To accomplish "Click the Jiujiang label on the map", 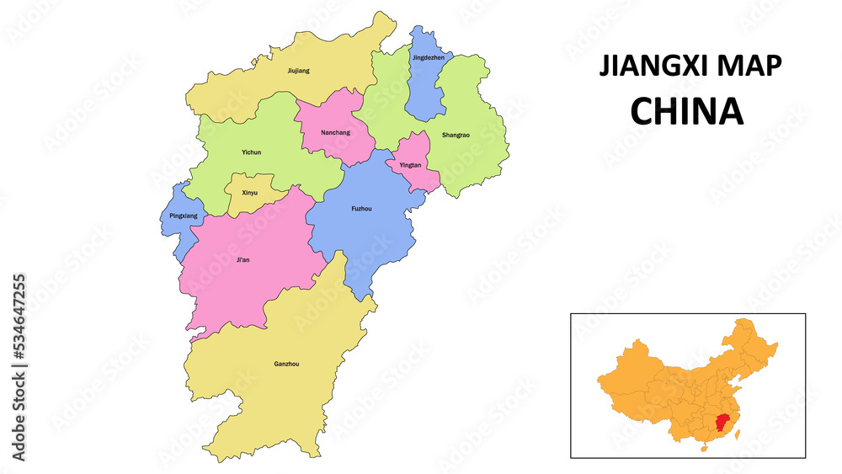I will [298, 71].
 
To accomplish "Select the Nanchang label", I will [335, 132].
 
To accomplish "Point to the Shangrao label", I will [456, 135].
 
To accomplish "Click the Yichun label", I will [251, 152].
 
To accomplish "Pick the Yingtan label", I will [410, 165].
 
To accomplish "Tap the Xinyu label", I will [250, 193].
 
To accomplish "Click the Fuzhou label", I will [360, 208].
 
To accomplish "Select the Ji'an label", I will [243, 259].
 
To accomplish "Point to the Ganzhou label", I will [286, 364].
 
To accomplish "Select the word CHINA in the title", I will [687, 111].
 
